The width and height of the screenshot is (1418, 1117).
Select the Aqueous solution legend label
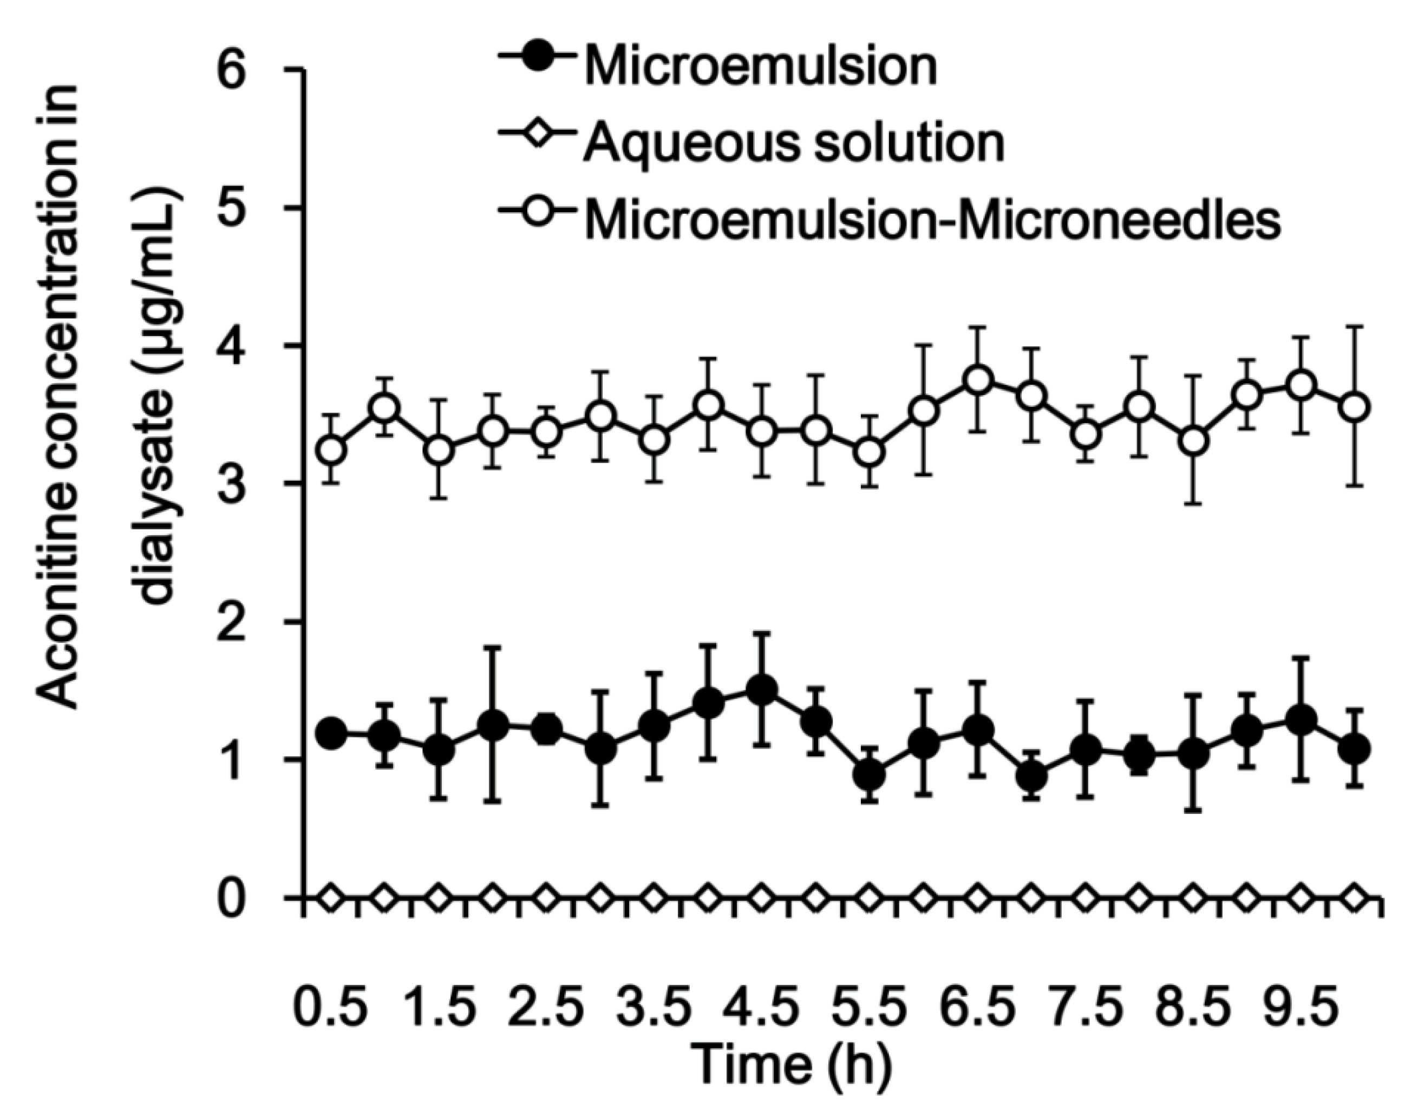coord(794,143)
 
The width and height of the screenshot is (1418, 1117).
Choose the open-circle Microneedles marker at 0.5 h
coord(331,450)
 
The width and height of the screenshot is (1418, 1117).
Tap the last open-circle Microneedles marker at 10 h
coord(1355,408)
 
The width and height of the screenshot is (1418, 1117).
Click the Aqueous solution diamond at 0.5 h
coord(331,898)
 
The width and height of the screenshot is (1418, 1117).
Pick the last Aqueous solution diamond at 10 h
coord(1355,898)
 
